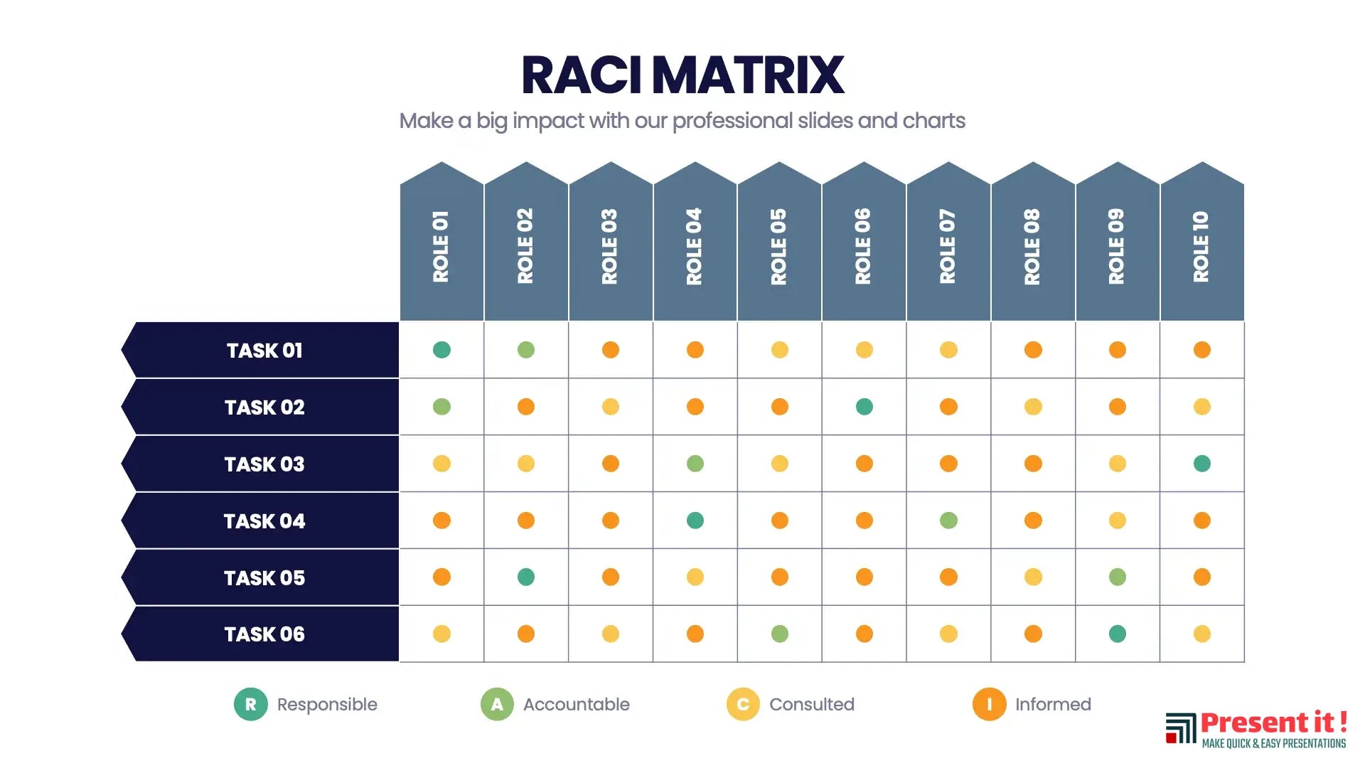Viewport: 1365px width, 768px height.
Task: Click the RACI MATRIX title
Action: coord(682,75)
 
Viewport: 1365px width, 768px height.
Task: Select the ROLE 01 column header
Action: coord(441,246)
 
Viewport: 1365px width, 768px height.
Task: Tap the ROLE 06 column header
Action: coord(864,246)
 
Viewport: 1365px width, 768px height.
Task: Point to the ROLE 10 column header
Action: coord(1201,246)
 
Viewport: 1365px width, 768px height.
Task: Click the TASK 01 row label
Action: coord(264,350)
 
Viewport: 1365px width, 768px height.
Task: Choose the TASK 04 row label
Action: coord(264,521)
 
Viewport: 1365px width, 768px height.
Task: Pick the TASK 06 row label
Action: coord(264,634)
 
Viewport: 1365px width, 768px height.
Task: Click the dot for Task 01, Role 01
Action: coord(441,350)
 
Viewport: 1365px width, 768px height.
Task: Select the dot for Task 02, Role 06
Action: coord(864,407)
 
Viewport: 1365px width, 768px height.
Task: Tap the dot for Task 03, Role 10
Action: coord(1201,464)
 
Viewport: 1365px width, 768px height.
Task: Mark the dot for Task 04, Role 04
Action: coord(695,521)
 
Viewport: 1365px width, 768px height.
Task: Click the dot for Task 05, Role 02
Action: coord(526,577)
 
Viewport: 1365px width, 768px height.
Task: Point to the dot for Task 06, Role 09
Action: coord(1117,634)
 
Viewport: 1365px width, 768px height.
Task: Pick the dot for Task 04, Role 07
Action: coord(948,521)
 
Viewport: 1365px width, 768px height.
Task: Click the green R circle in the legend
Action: coord(250,704)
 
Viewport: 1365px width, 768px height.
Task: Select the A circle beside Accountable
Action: coord(497,704)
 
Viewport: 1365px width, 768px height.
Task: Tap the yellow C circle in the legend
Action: coord(743,704)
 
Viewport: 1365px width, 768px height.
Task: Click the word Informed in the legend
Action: coord(1053,704)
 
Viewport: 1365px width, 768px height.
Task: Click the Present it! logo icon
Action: coord(1181,729)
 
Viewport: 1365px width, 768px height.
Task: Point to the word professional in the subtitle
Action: coord(732,121)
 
